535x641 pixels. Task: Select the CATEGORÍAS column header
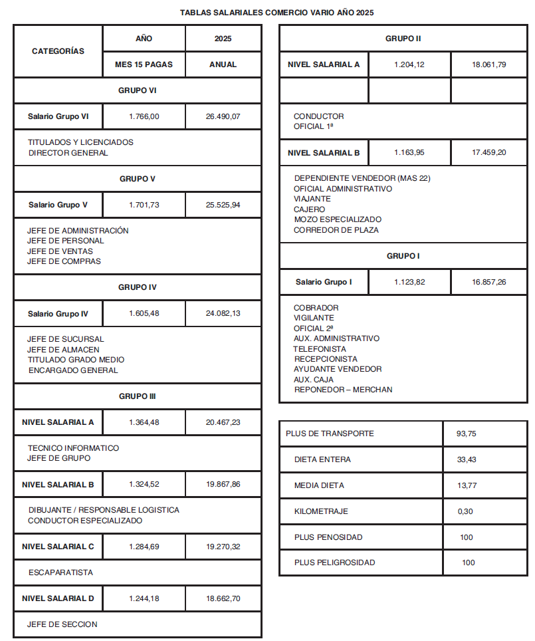pyautogui.click(x=58, y=51)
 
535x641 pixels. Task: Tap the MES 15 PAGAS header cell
pyautogui.click(x=144, y=64)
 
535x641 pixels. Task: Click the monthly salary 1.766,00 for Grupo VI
pyautogui.click(x=144, y=116)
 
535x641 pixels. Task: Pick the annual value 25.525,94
pyautogui.click(x=223, y=205)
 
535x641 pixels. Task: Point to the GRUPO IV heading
pyautogui.click(x=138, y=287)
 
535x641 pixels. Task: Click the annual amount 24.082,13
pyautogui.click(x=223, y=313)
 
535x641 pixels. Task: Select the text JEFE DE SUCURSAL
pyautogui.click(x=66, y=339)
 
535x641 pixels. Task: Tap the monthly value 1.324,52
pyautogui.click(x=144, y=484)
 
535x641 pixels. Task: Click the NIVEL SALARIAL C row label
pyautogui.click(x=58, y=547)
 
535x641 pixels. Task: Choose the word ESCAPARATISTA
pyautogui.click(x=60, y=573)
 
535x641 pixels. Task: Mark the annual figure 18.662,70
pyautogui.click(x=223, y=598)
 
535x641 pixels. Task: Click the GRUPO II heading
pyautogui.click(x=403, y=39)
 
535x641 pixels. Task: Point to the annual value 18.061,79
pyautogui.click(x=488, y=64)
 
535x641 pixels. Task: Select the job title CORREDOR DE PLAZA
pyautogui.click(x=336, y=230)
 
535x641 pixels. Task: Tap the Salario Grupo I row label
pyautogui.click(x=324, y=282)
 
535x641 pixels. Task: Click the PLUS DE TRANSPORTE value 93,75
pyautogui.click(x=466, y=434)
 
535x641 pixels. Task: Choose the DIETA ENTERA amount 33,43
pyautogui.click(x=466, y=459)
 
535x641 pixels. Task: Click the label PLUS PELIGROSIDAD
pyautogui.click(x=334, y=563)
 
